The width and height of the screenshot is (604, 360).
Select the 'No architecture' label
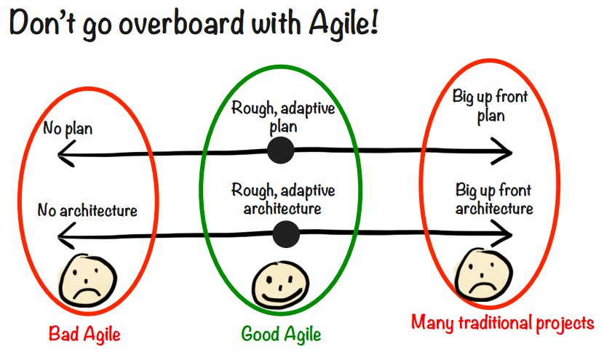pos(87,211)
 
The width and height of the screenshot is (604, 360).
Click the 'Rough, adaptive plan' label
pos(283,116)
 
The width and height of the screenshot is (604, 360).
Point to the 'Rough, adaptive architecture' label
pos(283,199)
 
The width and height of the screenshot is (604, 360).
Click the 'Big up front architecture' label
pos(494,199)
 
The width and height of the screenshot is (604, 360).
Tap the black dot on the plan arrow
pos(280,151)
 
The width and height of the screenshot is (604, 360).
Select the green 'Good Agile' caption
pos(281,334)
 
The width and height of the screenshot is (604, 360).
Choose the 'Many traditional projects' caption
pos(502,322)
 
